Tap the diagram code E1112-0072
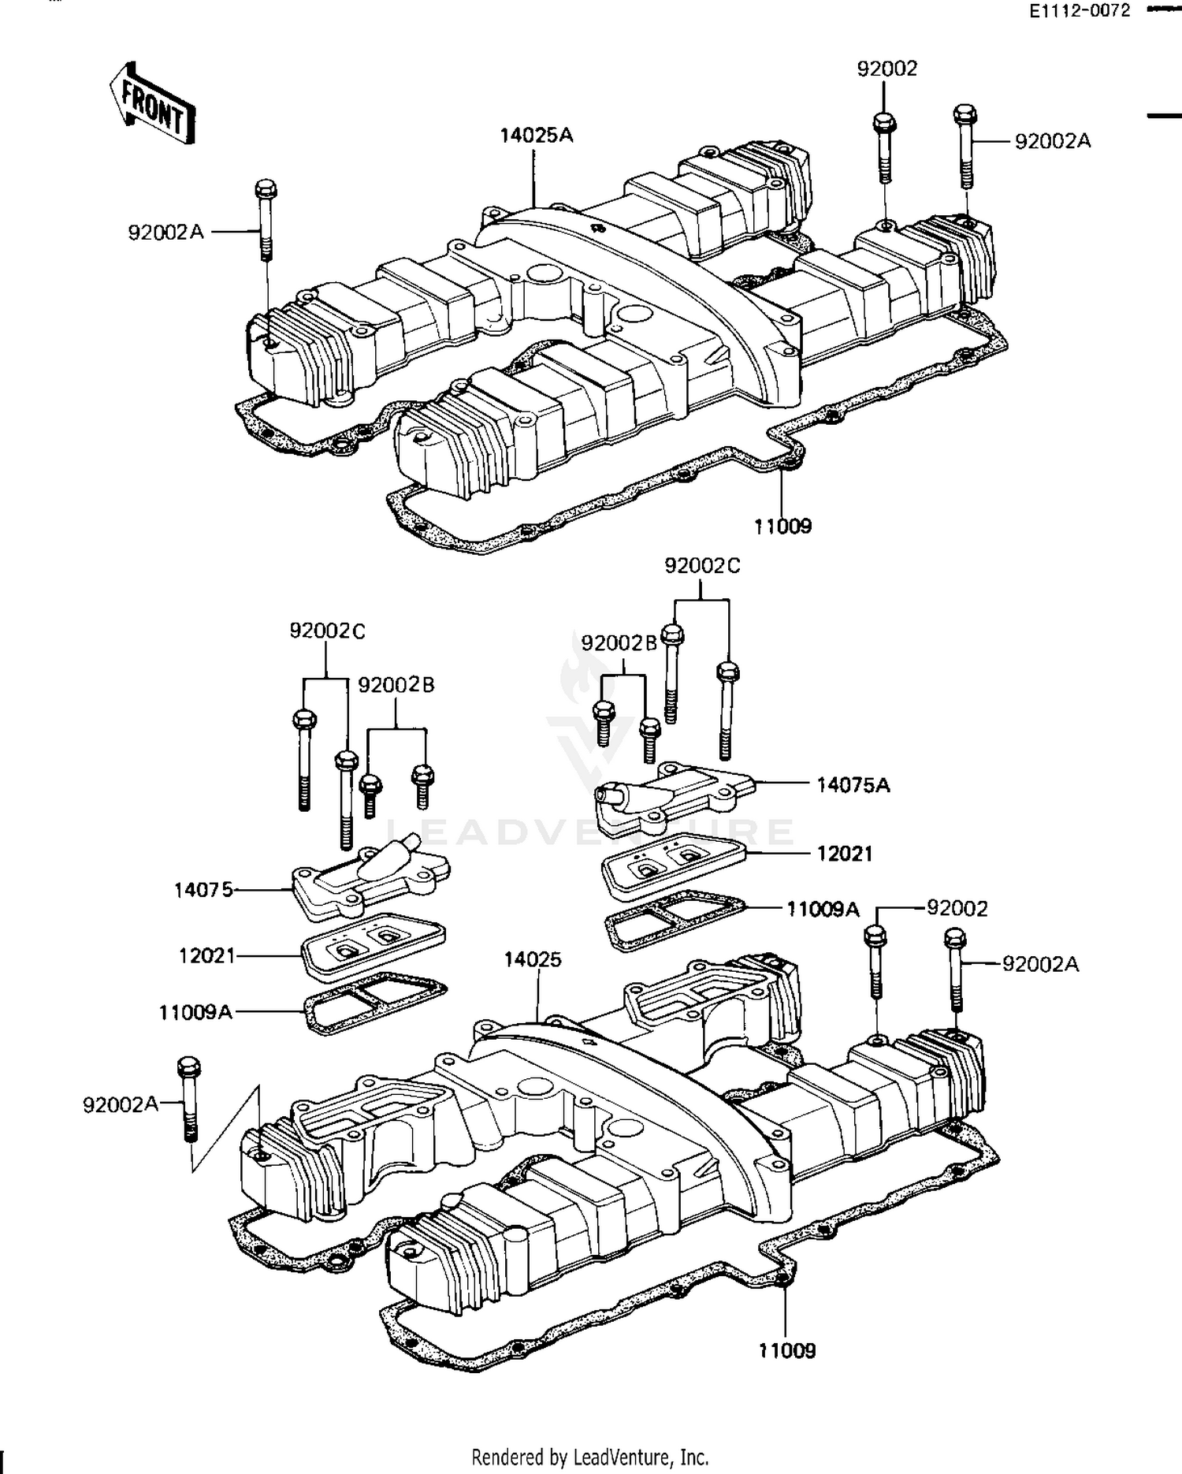1078,11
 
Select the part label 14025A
537,136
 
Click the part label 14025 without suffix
533,959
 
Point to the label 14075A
853,785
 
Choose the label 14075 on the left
203,890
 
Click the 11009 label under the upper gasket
782,526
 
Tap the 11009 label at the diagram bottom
787,1350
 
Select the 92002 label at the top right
887,69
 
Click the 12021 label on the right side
845,854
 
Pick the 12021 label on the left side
206,955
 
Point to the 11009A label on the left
195,1012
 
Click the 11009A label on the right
823,910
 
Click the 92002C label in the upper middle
702,566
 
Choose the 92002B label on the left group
396,685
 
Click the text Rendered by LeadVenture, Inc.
590,1457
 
